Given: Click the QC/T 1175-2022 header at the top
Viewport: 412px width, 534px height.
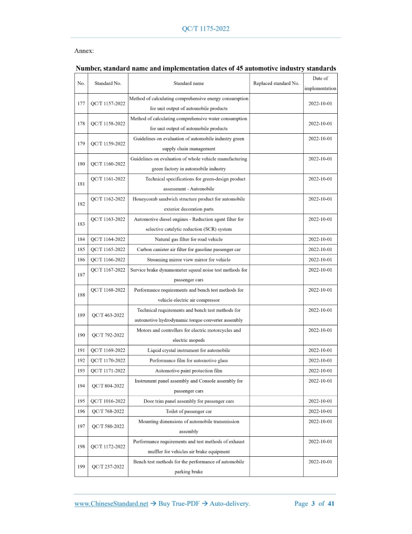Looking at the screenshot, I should click(x=206, y=28).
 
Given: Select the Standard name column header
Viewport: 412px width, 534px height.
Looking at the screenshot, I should click(x=189, y=84).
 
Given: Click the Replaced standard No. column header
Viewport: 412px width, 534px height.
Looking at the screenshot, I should click(x=276, y=84).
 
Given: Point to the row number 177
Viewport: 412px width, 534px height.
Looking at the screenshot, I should click(x=81, y=104).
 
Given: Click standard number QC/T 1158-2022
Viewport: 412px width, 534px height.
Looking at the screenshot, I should click(x=108, y=124).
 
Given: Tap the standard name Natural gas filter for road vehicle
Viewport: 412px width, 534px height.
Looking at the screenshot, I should click(x=189, y=239).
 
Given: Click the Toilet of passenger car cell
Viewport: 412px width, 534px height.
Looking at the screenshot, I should click(x=189, y=411).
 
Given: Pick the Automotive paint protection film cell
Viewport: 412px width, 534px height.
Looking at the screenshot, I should click(x=189, y=371).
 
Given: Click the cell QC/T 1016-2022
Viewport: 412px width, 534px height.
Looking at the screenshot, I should click(x=108, y=401).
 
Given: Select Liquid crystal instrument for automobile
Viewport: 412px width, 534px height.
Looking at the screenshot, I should click(x=189, y=350).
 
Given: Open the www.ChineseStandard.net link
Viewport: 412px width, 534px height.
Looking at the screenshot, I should click(x=111, y=503).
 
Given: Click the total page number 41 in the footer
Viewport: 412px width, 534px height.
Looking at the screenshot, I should click(x=331, y=503).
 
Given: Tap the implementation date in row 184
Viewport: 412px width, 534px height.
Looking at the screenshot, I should click(x=320, y=239).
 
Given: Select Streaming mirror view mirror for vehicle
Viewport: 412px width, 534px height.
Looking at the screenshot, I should click(x=189, y=259).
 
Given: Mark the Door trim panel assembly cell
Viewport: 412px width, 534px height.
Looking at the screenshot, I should click(x=189, y=401).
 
